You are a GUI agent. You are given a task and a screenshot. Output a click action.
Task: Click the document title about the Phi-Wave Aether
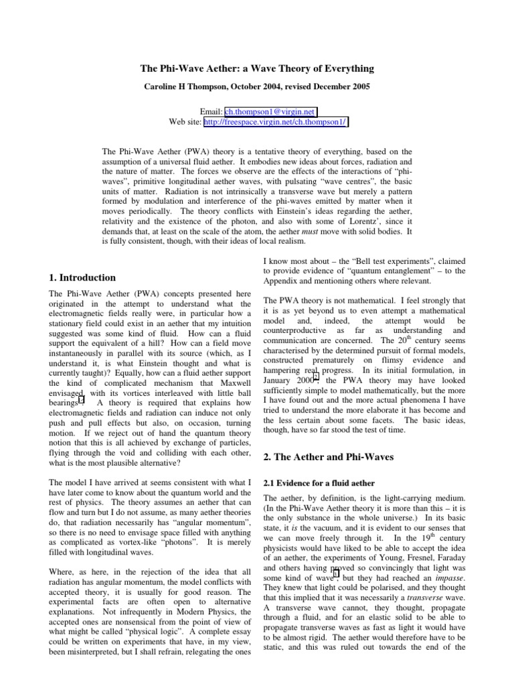[257, 70]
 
